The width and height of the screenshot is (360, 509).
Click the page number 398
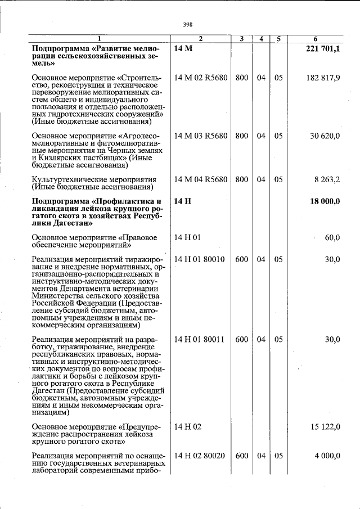(188, 25)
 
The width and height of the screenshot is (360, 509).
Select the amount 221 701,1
(322, 49)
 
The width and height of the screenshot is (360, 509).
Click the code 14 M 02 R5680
(201, 78)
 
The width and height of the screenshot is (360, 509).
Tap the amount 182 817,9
(323, 78)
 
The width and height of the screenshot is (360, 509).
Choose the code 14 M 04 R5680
(201, 179)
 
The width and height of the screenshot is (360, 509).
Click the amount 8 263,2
(327, 179)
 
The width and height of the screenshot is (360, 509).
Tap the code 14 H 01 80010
(200, 259)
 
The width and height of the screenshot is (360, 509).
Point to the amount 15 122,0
(325, 427)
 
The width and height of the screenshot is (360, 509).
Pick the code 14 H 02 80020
(200, 456)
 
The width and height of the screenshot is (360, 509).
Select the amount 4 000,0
(327, 456)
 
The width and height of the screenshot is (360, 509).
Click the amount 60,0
(332, 238)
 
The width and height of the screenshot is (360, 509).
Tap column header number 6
(316, 39)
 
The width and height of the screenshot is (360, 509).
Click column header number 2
(200, 39)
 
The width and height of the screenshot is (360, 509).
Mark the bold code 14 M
(183, 49)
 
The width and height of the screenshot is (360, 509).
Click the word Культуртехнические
(69, 179)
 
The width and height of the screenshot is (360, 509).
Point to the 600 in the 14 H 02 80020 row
(241, 456)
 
